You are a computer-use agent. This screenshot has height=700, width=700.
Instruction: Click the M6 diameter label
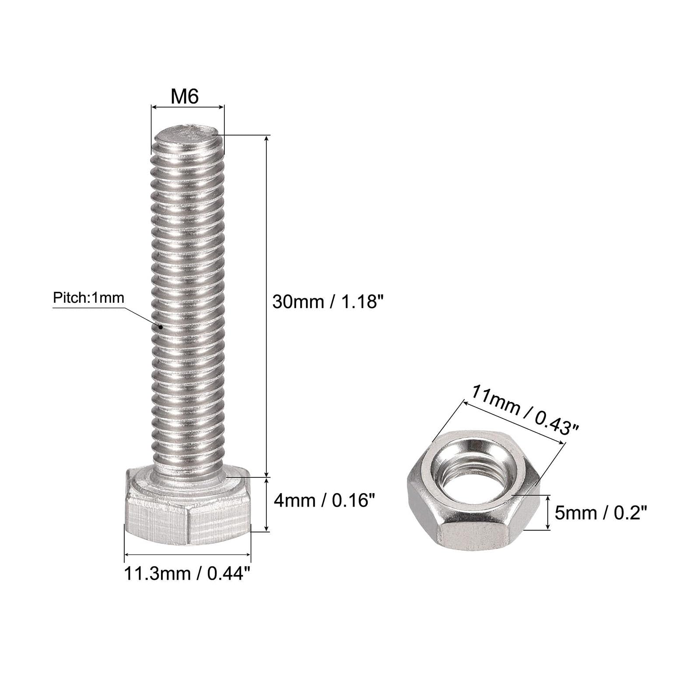[185, 96]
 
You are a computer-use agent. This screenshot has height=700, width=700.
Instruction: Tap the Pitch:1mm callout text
[88, 298]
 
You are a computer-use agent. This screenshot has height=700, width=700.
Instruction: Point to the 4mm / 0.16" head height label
[324, 500]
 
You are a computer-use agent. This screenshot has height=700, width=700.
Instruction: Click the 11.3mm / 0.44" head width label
[188, 573]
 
